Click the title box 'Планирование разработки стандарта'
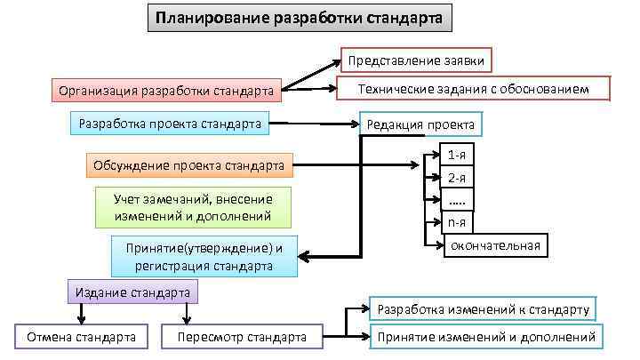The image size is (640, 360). point(300,18)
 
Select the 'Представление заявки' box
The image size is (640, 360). point(417,60)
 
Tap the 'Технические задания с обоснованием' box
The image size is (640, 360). point(473,88)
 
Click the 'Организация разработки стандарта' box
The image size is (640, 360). point(164,90)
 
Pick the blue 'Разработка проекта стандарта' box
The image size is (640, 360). point(170,124)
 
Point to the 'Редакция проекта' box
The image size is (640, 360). point(420,124)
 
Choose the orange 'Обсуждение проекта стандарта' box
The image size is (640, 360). point(190,165)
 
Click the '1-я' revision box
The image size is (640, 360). point(457,155)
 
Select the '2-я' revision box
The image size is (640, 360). point(457,177)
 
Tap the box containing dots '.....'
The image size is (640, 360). point(457,199)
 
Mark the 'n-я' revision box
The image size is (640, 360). point(457,222)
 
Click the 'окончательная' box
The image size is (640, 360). point(495,245)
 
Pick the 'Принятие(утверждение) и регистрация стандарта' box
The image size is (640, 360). point(204,257)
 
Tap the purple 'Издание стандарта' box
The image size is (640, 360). point(132,292)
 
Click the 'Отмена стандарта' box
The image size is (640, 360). point(81,337)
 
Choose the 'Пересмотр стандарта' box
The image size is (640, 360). point(241,337)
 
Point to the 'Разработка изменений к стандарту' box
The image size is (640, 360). point(484,309)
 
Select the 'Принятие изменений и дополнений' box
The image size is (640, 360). point(485,337)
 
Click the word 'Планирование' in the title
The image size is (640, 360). point(202,18)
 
